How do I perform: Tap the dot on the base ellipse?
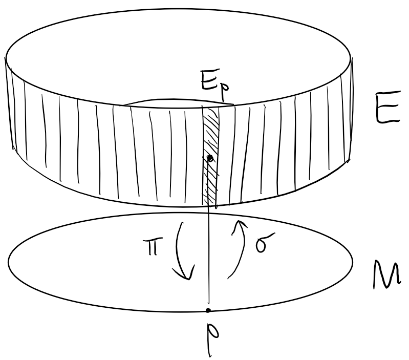click(208, 311)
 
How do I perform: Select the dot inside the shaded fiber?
click(209, 158)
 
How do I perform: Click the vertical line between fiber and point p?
click(209, 256)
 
